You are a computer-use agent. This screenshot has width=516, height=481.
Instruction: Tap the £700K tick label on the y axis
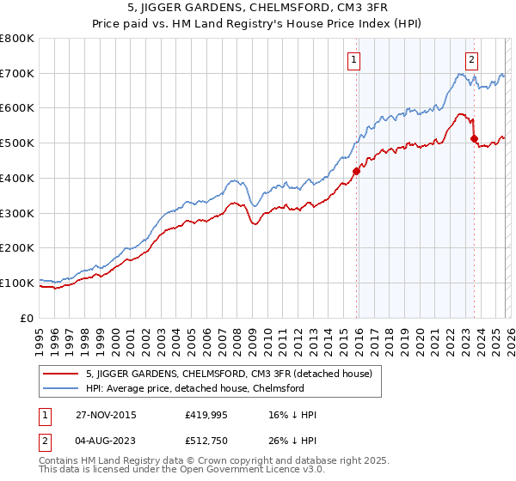tap(17, 74)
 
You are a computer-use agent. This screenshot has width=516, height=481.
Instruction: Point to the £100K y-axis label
tap(17, 283)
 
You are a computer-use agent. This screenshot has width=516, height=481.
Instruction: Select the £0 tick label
tap(28, 318)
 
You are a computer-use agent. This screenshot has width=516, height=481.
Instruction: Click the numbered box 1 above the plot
tap(354, 59)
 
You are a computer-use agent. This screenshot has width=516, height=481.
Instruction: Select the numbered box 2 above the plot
tap(472, 59)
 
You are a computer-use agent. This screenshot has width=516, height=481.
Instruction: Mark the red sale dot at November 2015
tap(355, 171)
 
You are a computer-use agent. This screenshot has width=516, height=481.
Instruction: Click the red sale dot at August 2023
tap(473, 137)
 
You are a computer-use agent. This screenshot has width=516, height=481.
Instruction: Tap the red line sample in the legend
tap(62, 374)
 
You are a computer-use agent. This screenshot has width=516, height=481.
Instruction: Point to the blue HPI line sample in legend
tap(62, 389)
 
